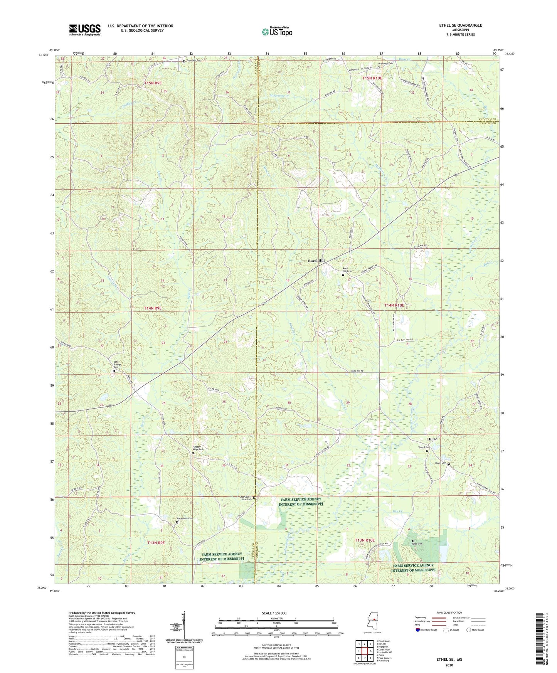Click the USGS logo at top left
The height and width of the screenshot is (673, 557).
85,30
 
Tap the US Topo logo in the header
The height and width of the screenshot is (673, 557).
277,32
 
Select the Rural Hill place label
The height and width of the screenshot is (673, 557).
316,261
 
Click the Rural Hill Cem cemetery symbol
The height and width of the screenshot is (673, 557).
343,275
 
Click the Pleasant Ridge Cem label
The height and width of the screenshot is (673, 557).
198,448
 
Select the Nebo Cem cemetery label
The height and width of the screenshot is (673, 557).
418,544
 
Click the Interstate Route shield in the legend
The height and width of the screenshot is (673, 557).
418,630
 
